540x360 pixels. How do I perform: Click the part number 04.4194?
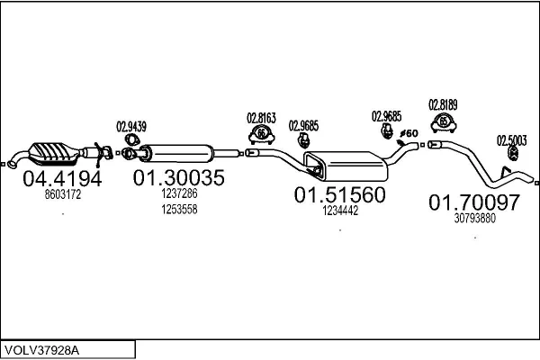61,177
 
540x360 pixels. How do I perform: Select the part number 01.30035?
178,177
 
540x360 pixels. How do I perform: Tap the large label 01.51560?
340,194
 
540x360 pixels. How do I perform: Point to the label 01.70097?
474,202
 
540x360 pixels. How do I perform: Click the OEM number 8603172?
62,193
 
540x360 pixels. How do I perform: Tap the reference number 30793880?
475,219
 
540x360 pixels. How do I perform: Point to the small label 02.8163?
261,117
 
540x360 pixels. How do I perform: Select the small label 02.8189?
443,103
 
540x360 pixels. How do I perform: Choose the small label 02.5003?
512,139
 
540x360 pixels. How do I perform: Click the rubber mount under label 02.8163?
261,135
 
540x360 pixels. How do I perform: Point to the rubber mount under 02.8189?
443,121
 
